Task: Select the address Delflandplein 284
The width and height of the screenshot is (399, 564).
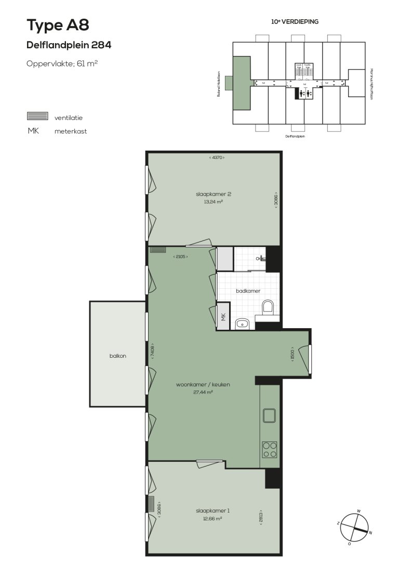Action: click(x=69, y=45)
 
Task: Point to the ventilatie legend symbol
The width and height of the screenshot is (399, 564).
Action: click(x=37, y=116)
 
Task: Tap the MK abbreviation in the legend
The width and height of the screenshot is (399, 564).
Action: click(x=33, y=131)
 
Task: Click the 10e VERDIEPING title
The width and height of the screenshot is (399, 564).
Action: click(x=295, y=22)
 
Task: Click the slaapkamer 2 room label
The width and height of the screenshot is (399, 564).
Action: click(x=213, y=195)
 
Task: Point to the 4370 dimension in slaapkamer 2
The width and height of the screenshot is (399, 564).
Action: click(x=217, y=157)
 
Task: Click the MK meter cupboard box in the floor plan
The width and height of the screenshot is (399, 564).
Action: click(x=223, y=318)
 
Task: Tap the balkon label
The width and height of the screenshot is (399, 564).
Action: click(x=118, y=356)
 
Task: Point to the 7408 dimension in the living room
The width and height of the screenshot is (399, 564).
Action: click(x=152, y=351)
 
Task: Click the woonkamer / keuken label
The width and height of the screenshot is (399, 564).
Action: click(x=203, y=385)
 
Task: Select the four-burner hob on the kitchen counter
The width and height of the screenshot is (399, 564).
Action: click(x=270, y=449)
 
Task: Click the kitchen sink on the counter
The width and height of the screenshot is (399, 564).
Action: click(x=270, y=416)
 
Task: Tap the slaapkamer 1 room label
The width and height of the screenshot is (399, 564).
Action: click(x=212, y=511)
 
